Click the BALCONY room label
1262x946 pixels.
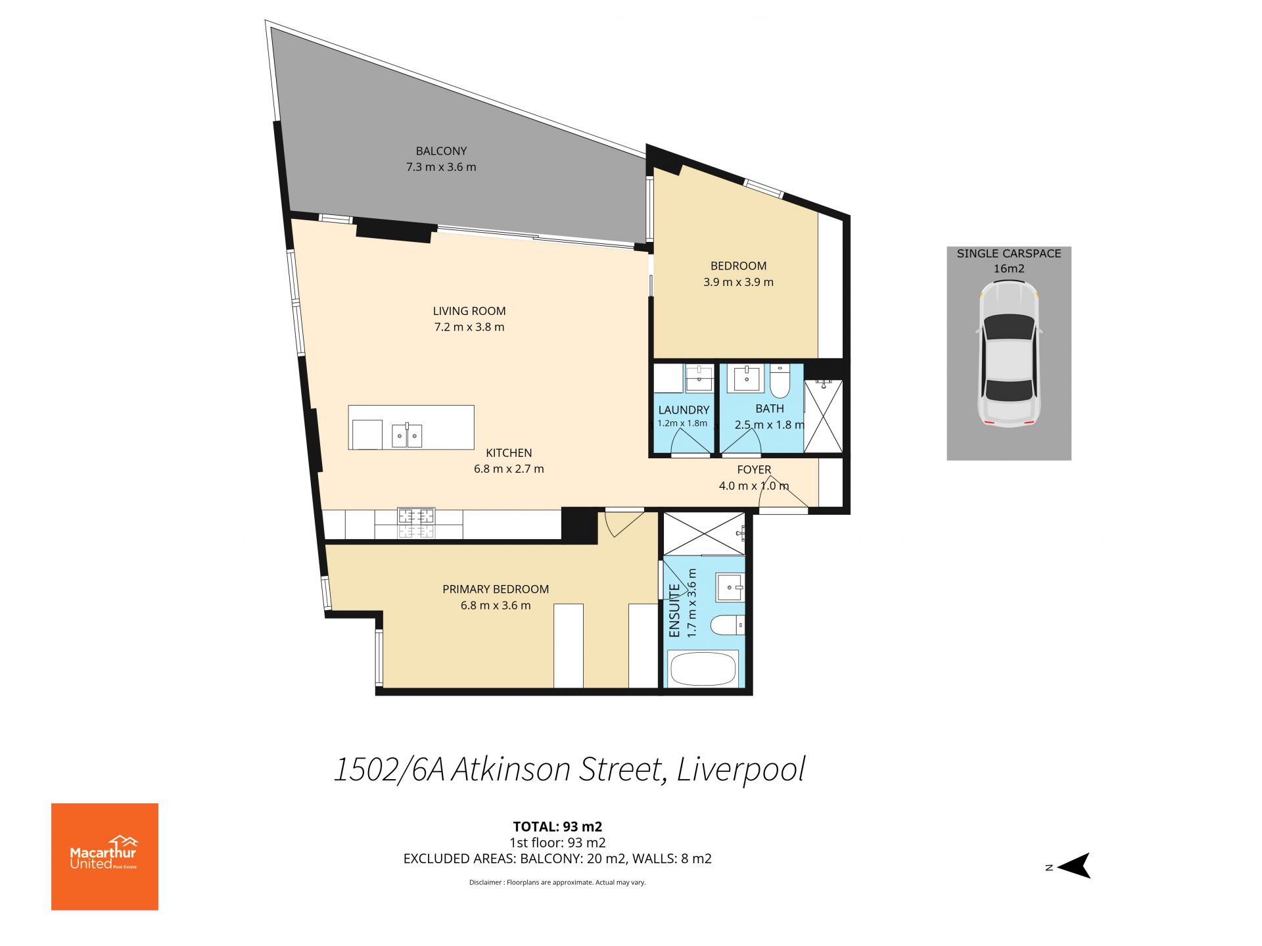[x=441, y=151]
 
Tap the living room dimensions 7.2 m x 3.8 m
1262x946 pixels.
[x=469, y=327]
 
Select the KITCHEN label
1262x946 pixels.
[x=509, y=452]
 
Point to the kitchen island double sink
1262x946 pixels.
[x=408, y=435]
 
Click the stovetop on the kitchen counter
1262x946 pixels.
[x=416, y=523]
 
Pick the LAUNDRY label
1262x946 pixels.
[x=684, y=410]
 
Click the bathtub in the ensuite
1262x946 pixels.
[x=703, y=669]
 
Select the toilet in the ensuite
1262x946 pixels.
[x=728, y=625]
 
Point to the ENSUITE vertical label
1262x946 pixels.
[x=674, y=611]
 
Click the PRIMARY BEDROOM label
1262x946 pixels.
[x=496, y=589]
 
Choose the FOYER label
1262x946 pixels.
[x=754, y=469]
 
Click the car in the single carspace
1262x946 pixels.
[x=1009, y=353]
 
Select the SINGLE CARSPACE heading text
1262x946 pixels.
[x=1009, y=253]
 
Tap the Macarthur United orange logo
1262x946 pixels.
[x=105, y=857]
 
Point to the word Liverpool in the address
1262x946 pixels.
[x=741, y=770]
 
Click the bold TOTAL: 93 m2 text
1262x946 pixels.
[x=557, y=826]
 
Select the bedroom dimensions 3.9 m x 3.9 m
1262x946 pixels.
[x=738, y=282]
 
